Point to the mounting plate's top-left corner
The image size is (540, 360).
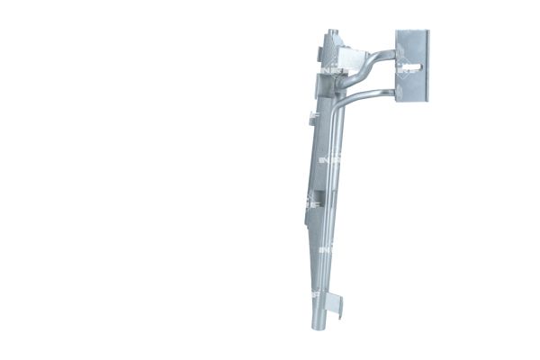[397, 31]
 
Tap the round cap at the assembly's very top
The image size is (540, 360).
[330, 37]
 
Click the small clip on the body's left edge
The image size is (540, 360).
[311, 116]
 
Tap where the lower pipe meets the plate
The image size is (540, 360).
[397, 90]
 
